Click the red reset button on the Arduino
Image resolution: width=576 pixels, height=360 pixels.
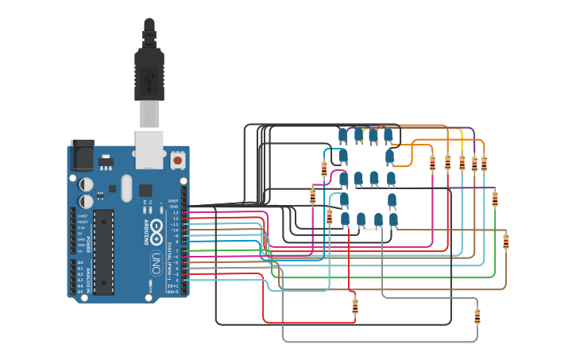click(178, 161)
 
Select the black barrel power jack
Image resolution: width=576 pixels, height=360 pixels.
click(82, 155)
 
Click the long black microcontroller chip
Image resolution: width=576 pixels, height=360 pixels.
click(103, 251)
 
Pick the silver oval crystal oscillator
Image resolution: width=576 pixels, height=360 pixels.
click(126, 189)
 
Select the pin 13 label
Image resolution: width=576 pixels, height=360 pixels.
click(176, 213)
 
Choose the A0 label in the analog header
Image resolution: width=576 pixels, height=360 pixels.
click(79, 262)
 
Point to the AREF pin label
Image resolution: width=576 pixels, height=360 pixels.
click(173, 201)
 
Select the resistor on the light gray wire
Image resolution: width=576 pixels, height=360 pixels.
click(477, 316)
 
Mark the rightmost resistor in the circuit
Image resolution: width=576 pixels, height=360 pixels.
click(506, 241)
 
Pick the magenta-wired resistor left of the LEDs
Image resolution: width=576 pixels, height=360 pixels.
click(312, 196)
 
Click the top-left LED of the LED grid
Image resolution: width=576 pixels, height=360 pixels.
click(343, 136)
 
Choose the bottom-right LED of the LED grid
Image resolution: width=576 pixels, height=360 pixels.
click(392, 219)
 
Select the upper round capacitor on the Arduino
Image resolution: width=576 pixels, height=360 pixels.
click(87, 184)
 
